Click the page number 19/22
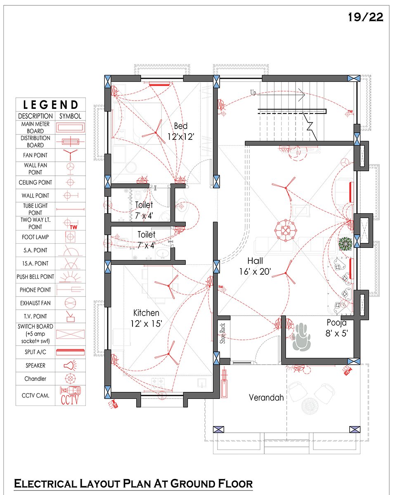point(366,17)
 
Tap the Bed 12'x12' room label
point(181,131)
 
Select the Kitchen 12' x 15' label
point(147,318)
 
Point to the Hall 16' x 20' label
point(255,266)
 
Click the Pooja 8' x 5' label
point(336,328)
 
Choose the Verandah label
point(266,398)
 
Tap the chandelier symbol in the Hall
point(286,230)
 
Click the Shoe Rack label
point(223,333)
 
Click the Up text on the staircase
point(253,93)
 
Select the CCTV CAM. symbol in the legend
point(70,396)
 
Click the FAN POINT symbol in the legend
point(70,155)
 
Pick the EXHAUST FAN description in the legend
point(35,303)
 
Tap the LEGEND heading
point(51,105)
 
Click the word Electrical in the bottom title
point(45,483)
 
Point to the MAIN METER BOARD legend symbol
point(71,127)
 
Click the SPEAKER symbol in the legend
point(70,365)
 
